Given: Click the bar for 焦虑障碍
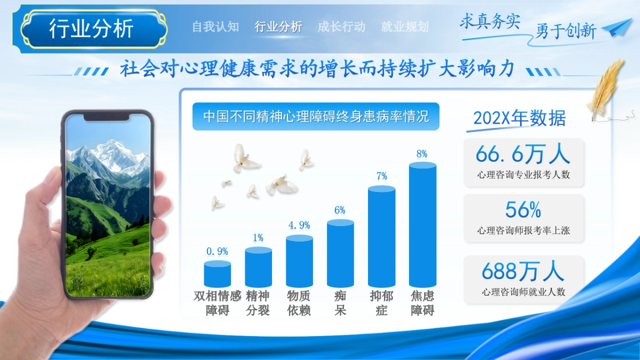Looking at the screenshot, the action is (x=422, y=225).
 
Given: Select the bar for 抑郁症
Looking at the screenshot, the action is (x=381, y=236).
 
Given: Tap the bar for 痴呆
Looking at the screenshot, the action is (x=340, y=253).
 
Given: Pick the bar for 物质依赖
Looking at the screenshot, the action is (x=299, y=261).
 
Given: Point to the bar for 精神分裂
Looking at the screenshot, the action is (x=258, y=267).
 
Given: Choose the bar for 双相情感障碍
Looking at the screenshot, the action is (x=218, y=274).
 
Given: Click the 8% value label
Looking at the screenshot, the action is (x=422, y=154).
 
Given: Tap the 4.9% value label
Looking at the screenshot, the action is (x=299, y=225).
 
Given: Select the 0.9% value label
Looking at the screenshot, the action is (x=217, y=251).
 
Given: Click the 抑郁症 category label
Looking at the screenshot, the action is (x=381, y=303).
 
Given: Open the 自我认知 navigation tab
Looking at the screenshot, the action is (x=215, y=27).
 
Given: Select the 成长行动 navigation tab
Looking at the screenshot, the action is (x=341, y=27).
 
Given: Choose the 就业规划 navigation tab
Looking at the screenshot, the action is (x=405, y=27).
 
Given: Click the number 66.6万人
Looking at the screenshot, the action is (x=523, y=154).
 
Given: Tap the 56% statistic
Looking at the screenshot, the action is (x=523, y=210).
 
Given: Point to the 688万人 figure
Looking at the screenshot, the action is (x=523, y=271).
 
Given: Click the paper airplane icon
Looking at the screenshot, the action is (x=618, y=27).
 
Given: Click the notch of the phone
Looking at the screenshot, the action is (x=106, y=117).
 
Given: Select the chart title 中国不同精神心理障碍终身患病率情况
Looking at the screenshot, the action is (x=316, y=117).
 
